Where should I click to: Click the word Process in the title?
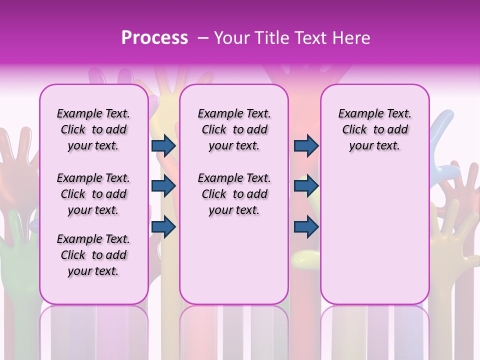pos(154,38)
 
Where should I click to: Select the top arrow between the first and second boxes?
pos(163,145)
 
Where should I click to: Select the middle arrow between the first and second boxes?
pos(163,186)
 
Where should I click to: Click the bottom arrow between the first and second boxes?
pos(163,226)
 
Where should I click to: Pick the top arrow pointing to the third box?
pos(306,145)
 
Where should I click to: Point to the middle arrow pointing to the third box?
pos(306,186)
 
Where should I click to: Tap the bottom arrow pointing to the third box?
pos(306,226)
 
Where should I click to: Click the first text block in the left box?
pos(93,129)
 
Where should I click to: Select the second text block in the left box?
pos(93,194)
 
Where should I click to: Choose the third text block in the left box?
pos(93,255)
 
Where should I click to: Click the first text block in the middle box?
pos(234,129)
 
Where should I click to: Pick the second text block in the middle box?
pos(234,194)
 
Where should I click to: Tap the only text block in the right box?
pos(374,129)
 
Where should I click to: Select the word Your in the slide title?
pos(232,38)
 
